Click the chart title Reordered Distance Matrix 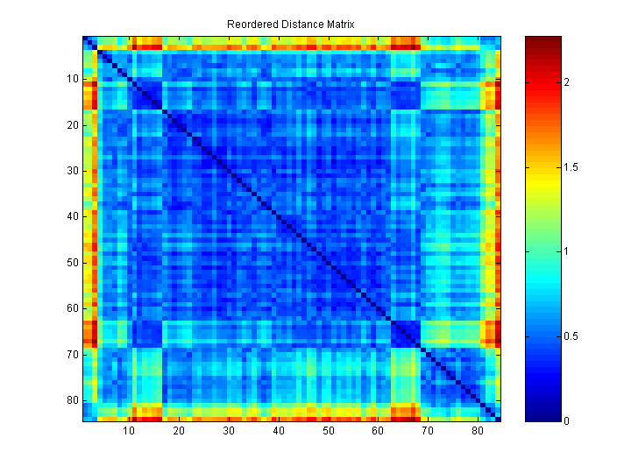point(291,25)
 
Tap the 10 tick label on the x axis point(129,431)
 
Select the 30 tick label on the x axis point(229,431)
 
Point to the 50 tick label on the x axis point(328,431)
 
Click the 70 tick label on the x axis point(428,431)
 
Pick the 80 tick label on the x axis point(478,431)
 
